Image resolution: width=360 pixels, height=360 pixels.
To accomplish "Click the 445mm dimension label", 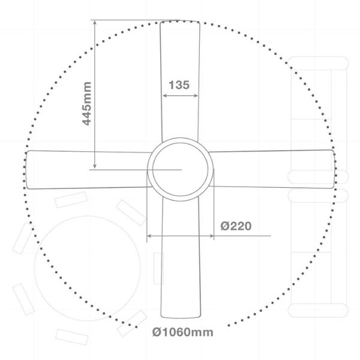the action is click(x=87, y=104).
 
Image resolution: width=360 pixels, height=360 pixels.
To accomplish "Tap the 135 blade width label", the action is click(x=179, y=85).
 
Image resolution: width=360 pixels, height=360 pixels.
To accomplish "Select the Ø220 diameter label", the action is click(x=236, y=226).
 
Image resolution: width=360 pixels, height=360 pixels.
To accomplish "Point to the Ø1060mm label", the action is click(x=183, y=332).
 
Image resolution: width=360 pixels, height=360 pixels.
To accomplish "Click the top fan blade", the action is click(x=180, y=80).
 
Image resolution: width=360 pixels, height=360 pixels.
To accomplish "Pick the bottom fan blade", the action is click(x=181, y=257).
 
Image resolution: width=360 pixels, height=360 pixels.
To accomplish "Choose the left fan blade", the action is click(x=88, y=170).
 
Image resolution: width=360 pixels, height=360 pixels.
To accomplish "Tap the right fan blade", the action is click(x=272, y=169).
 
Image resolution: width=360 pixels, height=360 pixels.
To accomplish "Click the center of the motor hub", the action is click(x=180, y=169).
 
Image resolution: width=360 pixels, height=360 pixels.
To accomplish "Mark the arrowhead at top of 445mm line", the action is click(x=95, y=22).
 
